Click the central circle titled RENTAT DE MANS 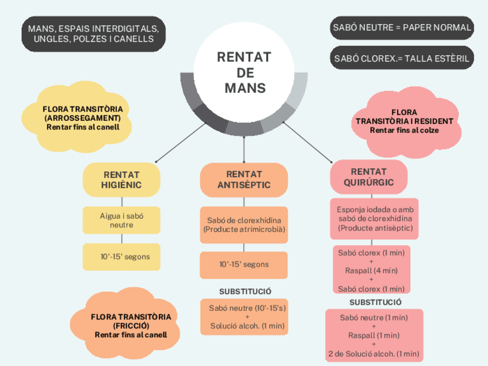[245, 73]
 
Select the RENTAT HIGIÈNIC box [121, 180]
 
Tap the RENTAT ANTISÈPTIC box [244, 180]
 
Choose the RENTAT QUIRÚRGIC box [369, 177]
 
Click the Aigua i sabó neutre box [121, 220]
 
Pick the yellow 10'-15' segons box [121, 257]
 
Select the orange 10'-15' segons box [244, 265]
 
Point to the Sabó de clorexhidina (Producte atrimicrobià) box [244, 225]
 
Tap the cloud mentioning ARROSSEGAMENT [83, 117]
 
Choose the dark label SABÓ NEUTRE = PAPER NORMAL [402, 27]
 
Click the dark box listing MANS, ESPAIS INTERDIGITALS [94, 33]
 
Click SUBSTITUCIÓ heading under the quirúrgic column [375, 302]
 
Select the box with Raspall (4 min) [371, 270]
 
